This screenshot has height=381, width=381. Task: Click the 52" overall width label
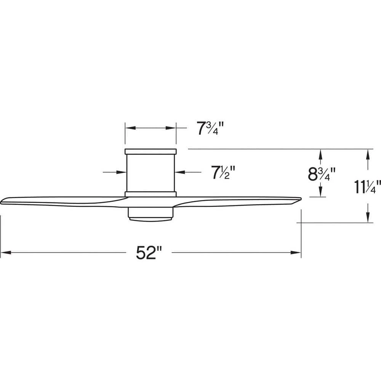coord(149,252)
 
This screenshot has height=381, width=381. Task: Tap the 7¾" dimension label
coord(209,129)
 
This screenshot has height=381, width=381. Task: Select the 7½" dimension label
coord(223,173)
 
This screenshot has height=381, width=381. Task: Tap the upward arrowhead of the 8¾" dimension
coord(321,154)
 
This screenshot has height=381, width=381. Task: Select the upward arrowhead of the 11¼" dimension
coord(368,154)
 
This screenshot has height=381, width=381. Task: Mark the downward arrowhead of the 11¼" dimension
coord(368,218)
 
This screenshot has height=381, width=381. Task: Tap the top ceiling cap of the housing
coord(150,151)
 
